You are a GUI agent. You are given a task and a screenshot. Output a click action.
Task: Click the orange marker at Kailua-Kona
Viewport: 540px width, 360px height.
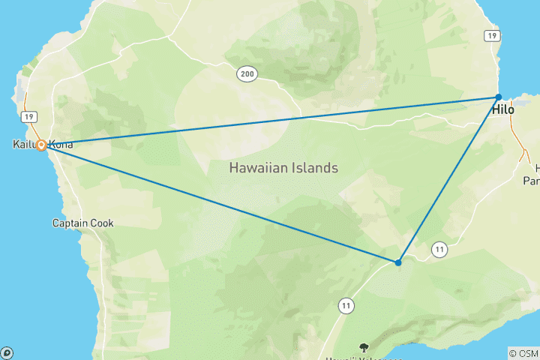[42, 145]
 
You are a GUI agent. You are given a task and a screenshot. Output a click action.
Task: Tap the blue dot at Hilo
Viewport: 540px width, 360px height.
[498, 97]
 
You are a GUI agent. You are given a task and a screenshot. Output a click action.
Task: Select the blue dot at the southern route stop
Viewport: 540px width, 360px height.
[398, 262]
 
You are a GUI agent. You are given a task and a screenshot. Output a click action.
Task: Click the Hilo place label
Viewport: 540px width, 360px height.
[503, 110]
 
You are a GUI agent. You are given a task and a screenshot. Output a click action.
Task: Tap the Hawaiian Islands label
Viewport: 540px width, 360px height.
[283, 168]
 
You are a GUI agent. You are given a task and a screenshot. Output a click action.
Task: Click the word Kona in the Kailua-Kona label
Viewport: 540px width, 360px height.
[61, 144]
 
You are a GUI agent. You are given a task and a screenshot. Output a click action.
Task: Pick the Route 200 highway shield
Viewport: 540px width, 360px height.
[247, 73]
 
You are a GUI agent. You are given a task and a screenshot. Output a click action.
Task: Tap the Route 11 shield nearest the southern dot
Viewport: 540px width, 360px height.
[439, 248]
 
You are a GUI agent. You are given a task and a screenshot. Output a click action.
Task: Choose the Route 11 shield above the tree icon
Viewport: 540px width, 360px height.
[346, 305]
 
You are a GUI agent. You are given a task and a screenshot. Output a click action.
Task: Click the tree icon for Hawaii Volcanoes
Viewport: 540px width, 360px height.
[364, 347]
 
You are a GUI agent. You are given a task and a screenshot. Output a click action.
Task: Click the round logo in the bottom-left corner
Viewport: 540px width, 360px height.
[7, 352]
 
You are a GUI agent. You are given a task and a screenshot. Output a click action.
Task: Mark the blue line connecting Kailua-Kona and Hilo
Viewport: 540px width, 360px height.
[270, 121]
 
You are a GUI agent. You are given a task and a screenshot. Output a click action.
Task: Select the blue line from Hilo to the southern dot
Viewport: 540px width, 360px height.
[448, 179]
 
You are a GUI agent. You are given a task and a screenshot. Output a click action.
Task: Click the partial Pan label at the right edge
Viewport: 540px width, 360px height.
[531, 181]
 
